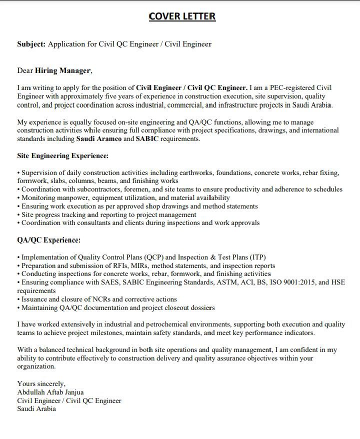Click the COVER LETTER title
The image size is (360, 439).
tap(182, 16)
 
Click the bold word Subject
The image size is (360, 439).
tap(31, 44)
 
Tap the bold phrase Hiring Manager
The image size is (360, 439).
tap(63, 70)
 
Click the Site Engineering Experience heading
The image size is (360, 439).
tap(63, 156)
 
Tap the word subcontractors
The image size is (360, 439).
tap(95, 189)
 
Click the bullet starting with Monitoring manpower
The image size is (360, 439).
tap(123, 198)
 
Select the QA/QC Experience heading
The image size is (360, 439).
tap(49, 240)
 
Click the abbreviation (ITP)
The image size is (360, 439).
tap(257, 257)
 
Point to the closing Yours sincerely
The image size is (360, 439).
tap(41, 384)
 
